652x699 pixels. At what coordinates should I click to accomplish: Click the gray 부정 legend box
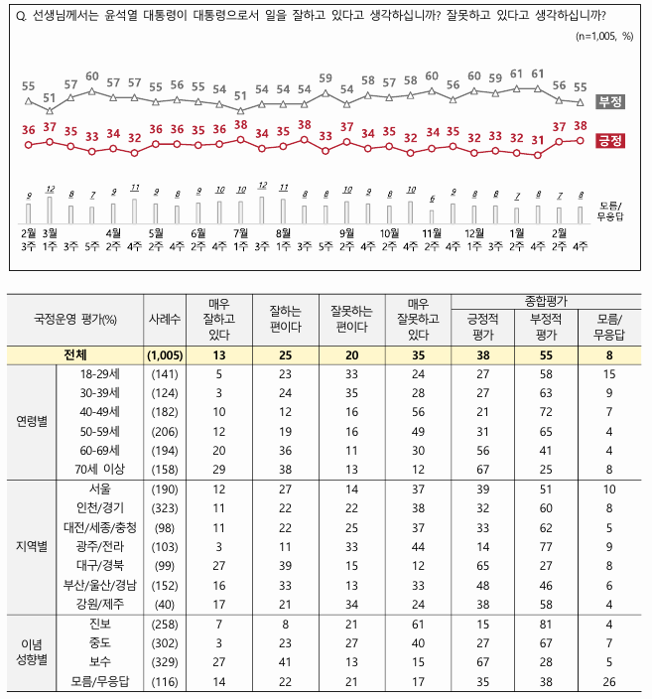tap(610, 102)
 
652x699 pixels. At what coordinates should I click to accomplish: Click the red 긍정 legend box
tap(610, 141)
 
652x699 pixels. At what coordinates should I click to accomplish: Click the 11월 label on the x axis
tap(432, 234)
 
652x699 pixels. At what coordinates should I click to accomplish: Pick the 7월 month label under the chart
tap(239, 234)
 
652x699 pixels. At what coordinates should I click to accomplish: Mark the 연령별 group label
tap(31, 421)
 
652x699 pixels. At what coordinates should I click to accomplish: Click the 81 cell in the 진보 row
tap(548, 624)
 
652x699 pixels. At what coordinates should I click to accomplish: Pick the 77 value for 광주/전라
tap(548, 546)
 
